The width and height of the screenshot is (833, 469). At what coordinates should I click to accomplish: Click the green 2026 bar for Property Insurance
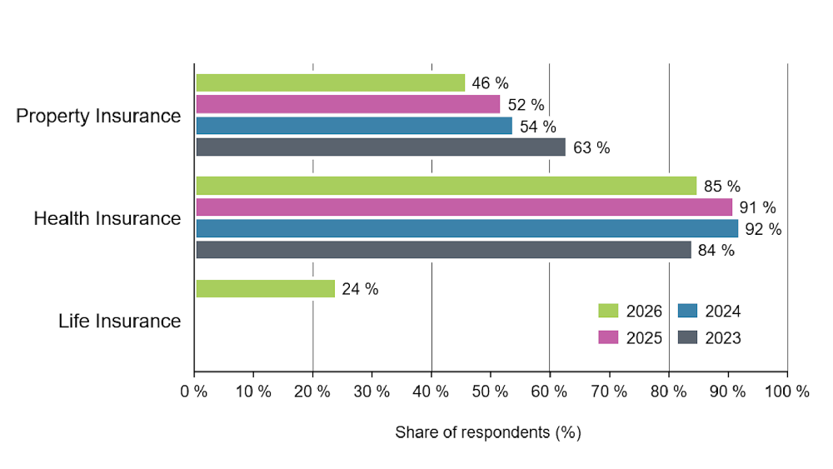click(x=331, y=82)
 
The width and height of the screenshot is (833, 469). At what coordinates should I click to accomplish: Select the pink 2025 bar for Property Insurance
click(x=348, y=104)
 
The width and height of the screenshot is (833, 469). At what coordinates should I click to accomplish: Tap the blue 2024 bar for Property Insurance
click(x=354, y=126)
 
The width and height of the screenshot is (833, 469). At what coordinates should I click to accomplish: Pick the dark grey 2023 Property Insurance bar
click(x=381, y=147)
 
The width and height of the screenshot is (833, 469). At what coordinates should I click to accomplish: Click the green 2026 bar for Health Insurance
click(x=446, y=186)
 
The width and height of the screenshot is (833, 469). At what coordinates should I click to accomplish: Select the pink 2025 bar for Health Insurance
click(x=464, y=207)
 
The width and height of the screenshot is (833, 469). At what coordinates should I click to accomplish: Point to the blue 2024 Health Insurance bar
click(x=467, y=228)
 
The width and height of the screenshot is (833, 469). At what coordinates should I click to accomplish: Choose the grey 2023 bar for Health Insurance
click(x=444, y=250)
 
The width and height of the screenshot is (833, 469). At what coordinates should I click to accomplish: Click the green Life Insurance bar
click(x=266, y=289)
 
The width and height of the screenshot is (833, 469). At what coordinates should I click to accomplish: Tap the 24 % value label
click(x=360, y=289)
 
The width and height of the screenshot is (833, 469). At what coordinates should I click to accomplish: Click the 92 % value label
click(x=763, y=229)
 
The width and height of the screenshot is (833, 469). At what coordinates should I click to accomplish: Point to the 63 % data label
click(x=591, y=147)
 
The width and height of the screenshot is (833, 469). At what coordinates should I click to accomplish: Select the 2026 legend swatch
click(x=608, y=311)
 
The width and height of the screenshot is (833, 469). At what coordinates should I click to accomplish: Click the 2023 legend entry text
click(x=723, y=338)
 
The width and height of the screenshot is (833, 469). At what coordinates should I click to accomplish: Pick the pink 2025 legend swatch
click(x=608, y=337)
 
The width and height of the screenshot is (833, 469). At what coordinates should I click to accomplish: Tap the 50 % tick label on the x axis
click(x=490, y=392)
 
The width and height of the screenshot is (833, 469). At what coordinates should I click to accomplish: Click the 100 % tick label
click(x=787, y=392)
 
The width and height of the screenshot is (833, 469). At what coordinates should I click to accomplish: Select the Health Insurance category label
click(x=107, y=218)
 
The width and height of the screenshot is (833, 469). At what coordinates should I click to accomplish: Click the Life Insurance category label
click(x=119, y=321)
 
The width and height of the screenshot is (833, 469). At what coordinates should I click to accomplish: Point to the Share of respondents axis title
click(x=488, y=432)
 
